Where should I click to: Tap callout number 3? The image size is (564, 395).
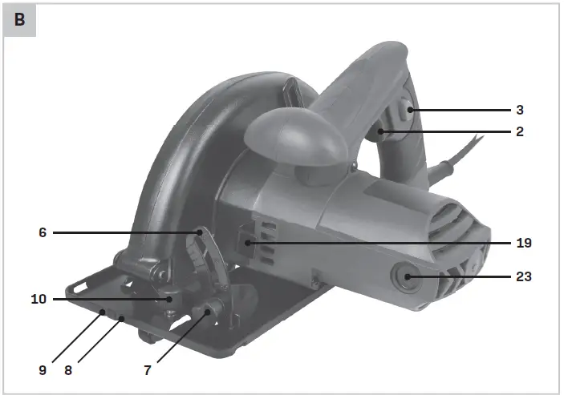(x=520, y=109)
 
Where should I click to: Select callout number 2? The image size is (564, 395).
(x=520, y=131)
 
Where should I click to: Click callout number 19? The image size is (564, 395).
(x=524, y=241)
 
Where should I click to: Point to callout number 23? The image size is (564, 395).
(x=524, y=277)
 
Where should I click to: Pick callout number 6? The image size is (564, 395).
(x=43, y=232)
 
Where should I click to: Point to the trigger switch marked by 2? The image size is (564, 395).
(x=383, y=131)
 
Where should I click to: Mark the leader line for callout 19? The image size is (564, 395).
(x=377, y=241)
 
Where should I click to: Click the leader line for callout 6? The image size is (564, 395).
(x=120, y=232)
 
